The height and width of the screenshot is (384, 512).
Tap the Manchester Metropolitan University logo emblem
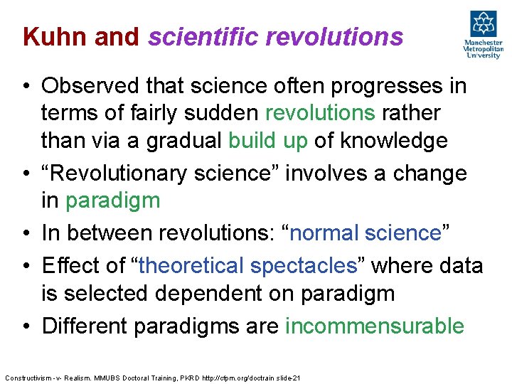[x=482, y=23]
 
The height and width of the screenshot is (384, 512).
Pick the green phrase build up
[x=267, y=141]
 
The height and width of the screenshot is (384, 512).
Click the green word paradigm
[x=112, y=201]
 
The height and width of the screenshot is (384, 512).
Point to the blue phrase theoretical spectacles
[x=248, y=266]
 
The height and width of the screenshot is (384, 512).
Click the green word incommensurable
[x=374, y=326]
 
